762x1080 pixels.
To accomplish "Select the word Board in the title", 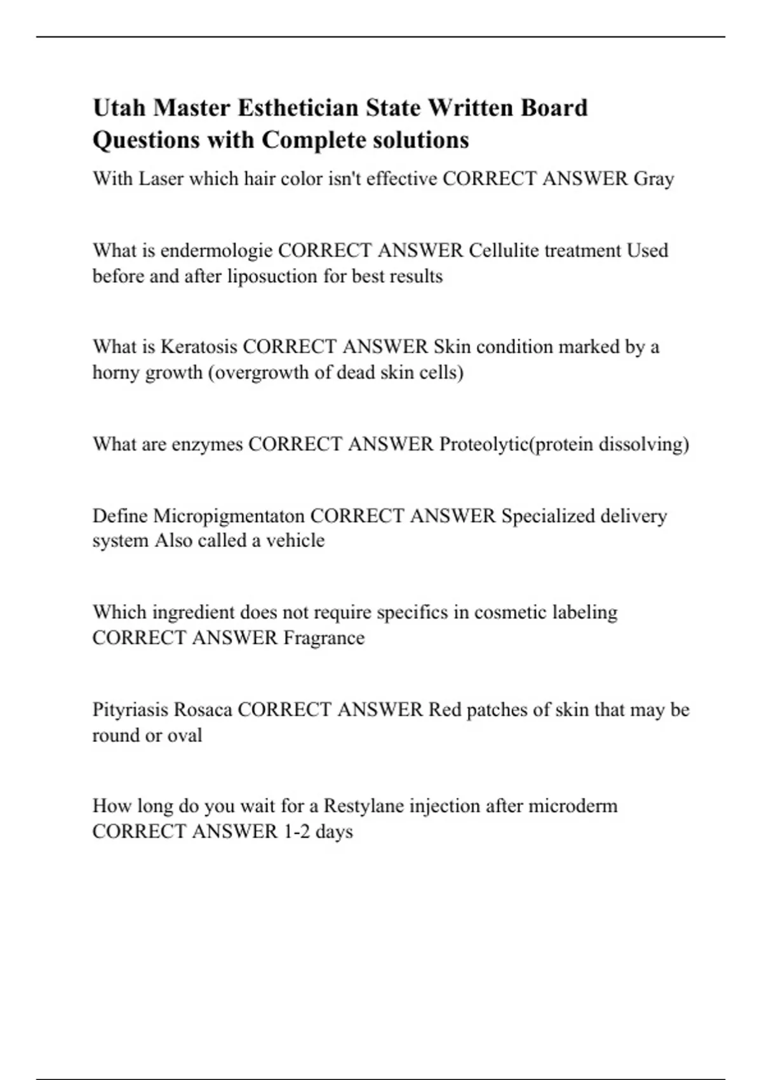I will [554, 108].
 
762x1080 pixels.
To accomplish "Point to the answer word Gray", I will [653, 179].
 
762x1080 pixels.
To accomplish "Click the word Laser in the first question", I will [161, 179].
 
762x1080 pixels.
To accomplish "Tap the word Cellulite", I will [504, 250].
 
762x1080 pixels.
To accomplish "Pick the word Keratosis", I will [199, 347].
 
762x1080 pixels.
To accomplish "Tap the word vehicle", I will [295, 541].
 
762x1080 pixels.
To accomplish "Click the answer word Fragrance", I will [324, 638].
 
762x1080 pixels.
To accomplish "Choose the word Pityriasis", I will [130, 710].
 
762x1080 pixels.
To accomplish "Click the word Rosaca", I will [203, 710].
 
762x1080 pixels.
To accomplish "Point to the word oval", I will [184, 736].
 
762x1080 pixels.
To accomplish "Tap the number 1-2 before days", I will [296, 832].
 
